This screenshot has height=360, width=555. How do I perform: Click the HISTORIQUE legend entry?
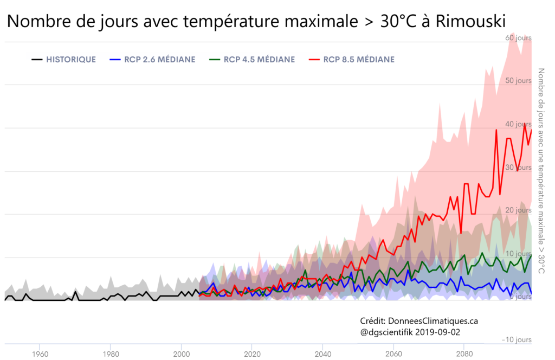[71, 60]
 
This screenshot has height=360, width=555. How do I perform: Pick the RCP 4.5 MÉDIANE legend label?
[260, 60]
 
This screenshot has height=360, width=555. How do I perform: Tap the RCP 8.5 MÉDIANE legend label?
[359, 60]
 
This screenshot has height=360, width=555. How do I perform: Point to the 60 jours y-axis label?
[518, 38]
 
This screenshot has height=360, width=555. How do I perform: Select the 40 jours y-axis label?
[518, 124]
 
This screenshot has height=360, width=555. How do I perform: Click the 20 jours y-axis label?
[518, 210]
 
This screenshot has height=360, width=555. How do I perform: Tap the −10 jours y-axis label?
[517, 339]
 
